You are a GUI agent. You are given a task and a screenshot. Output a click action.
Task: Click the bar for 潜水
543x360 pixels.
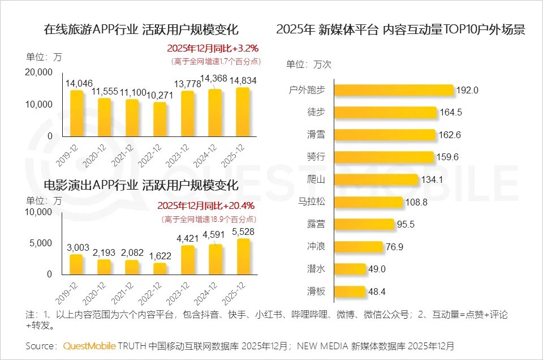[x=356, y=269]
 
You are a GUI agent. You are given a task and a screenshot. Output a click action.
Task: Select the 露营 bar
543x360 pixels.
[x=365, y=224]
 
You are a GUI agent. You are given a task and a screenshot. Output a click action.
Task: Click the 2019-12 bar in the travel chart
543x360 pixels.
[x=77, y=113]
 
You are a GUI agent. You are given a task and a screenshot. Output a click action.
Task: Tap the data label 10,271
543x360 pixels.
[x=160, y=95]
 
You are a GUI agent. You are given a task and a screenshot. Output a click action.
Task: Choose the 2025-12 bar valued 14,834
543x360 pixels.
[x=242, y=112]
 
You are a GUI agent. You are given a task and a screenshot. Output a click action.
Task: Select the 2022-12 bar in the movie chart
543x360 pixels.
[x=160, y=268]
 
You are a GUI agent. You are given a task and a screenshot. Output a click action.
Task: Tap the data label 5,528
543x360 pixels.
[x=242, y=232]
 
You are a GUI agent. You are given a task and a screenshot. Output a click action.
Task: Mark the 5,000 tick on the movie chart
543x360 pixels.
[x=41, y=243]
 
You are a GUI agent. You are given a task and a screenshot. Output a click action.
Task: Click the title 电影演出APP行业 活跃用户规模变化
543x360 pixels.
[x=141, y=186]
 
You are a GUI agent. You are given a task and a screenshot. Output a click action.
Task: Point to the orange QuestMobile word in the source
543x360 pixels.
[x=89, y=345]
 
